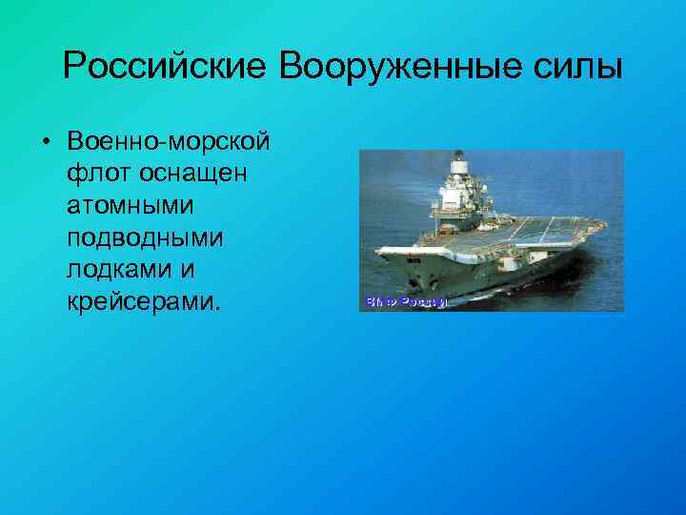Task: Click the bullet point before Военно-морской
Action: pos(46,143)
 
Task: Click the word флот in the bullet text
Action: pos(99,175)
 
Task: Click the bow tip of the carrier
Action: pos(377,250)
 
